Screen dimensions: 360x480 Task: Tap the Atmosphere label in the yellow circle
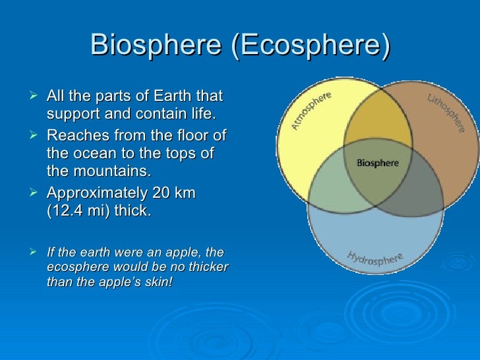[311, 110]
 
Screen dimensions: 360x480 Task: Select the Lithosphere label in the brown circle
[443, 111]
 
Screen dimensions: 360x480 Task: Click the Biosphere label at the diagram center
[376, 162]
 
